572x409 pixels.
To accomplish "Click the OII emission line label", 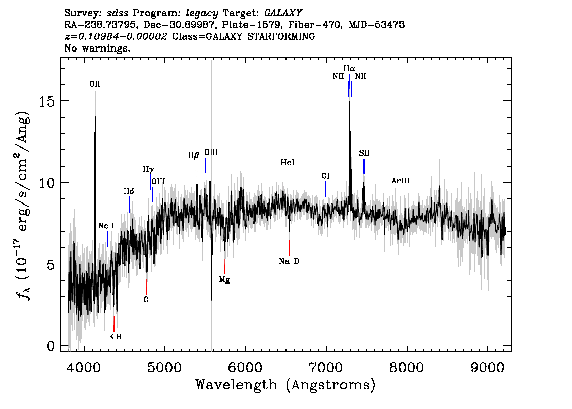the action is click(x=95, y=84).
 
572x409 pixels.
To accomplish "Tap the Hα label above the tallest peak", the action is click(x=349, y=69).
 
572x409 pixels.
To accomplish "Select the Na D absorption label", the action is click(x=290, y=261).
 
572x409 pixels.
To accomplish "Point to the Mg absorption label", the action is click(x=225, y=280).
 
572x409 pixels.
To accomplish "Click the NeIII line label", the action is click(x=107, y=226).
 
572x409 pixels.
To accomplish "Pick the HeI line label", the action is click(x=288, y=163).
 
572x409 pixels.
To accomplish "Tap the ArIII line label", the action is click(x=401, y=181).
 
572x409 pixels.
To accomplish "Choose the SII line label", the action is click(x=364, y=153).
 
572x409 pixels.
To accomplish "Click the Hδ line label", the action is click(x=129, y=191).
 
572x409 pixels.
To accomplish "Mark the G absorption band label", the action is click(x=146, y=300).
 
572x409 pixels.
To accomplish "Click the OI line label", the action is click(x=325, y=176).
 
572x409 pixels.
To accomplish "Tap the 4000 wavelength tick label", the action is click(x=84, y=368).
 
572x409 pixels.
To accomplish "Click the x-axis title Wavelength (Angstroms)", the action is click(x=285, y=385).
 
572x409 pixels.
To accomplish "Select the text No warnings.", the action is click(x=97, y=48).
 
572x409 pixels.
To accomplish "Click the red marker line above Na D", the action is click(x=290, y=248).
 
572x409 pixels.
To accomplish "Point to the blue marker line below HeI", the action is click(x=288, y=176).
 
